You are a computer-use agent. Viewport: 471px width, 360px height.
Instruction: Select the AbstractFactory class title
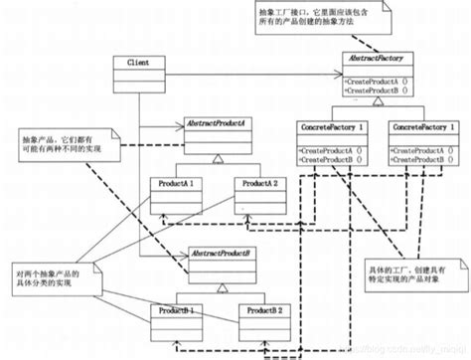click(x=376, y=61)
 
